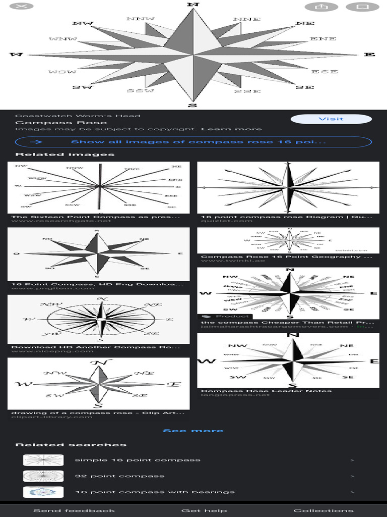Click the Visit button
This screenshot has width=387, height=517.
(x=331, y=119)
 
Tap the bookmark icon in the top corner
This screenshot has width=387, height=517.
(x=362, y=7)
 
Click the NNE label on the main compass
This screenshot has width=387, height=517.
(x=247, y=19)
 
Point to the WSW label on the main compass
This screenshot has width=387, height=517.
(x=62, y=72)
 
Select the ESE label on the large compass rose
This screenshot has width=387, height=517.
(x=325, y=72)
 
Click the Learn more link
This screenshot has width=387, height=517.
(x=231, y=129)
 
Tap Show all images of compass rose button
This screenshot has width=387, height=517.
(x=193, y=142)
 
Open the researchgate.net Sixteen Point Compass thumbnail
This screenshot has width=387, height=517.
(x=98, y=187)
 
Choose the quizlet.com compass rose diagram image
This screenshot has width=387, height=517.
(x=288, y=187)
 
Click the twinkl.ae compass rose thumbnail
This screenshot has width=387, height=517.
(x=288, y=240)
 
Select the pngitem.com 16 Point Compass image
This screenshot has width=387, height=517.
(x=98, y=253)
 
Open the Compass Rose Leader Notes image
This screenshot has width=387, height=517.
(x=288, y=360)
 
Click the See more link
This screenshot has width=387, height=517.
(x=193, y=431)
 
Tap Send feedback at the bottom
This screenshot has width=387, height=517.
(x=74, y=510)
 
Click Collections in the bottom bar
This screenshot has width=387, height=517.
(x=324, y=510)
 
